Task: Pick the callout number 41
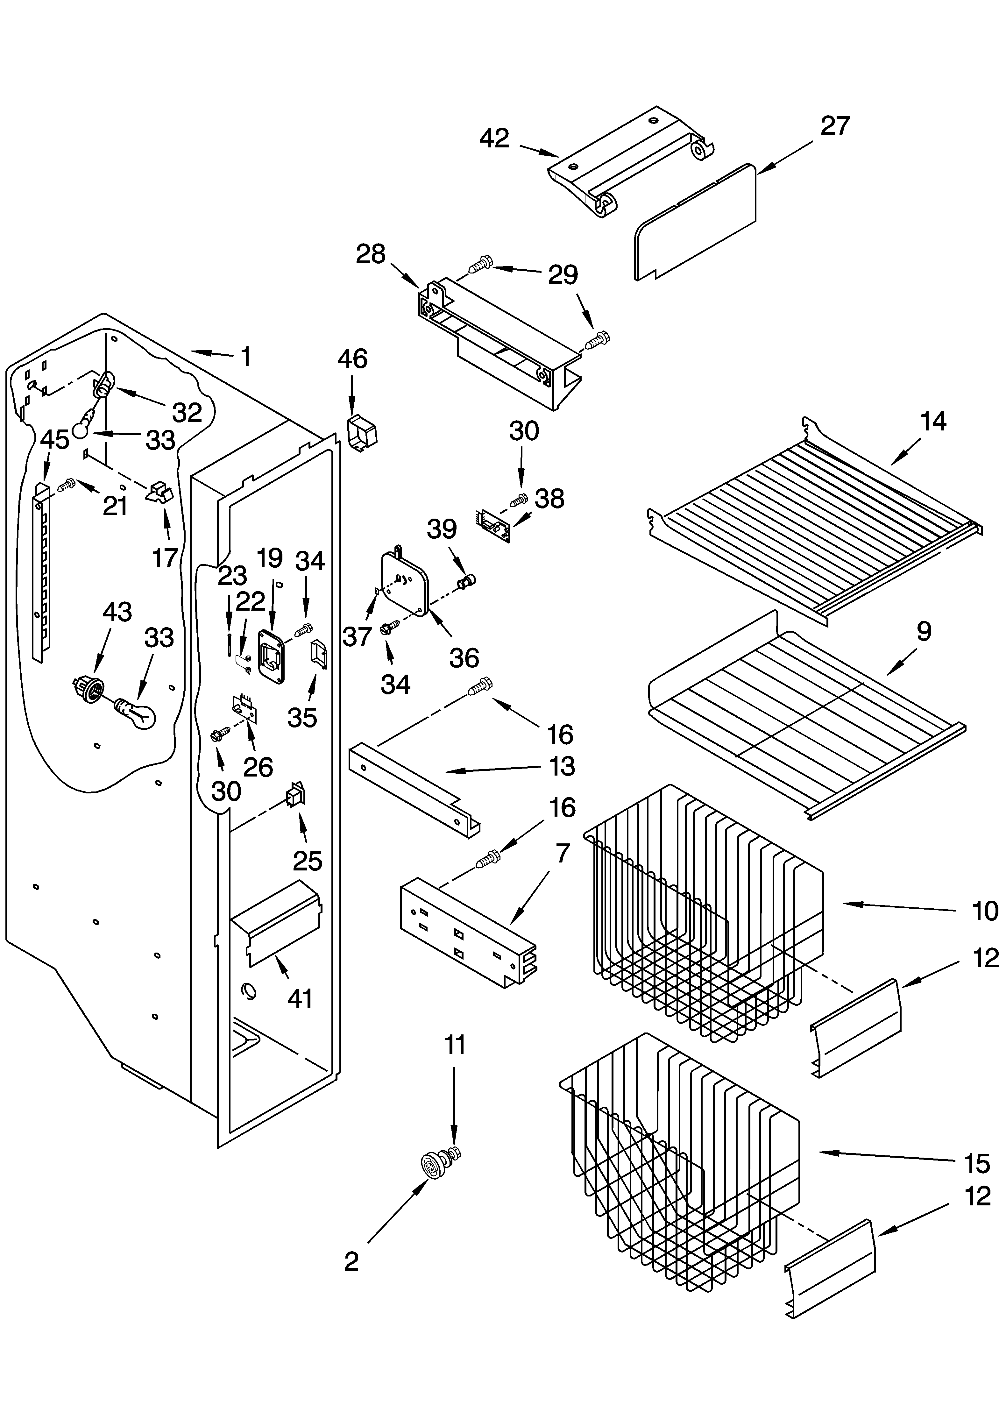tap(300, 998)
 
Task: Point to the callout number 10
tap(984, 911)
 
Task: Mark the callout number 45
tap(55, 440)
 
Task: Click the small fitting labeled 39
tap(468, 579)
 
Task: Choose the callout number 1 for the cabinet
tap(245, 356)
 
